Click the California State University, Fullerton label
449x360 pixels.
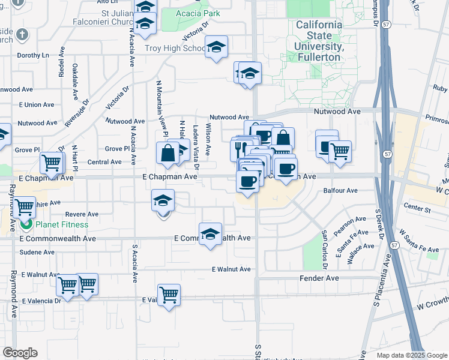coord(319,41)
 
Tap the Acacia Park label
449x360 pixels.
coord(198,13)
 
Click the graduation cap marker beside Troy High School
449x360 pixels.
coord(216,47)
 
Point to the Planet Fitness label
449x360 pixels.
coord(61,225)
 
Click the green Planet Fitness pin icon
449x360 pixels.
coord(26,225)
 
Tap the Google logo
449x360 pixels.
coord(20,353)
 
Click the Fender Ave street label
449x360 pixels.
coord(319,278)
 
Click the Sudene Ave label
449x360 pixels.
coord(37,253)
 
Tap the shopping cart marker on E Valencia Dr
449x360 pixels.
coord(169,295)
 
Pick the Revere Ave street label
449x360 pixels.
coord(82,214)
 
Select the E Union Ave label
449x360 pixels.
coord(37,105)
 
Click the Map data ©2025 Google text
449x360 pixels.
coord(412,355)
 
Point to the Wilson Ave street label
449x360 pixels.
coord(208,139)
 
